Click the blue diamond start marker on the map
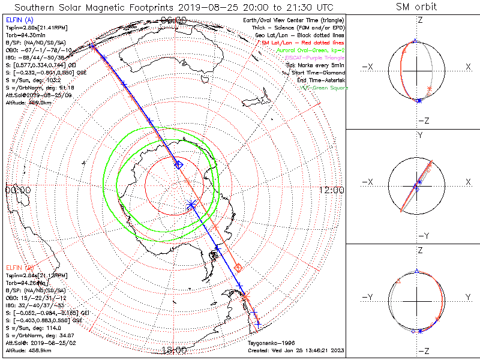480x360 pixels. (x=178, y=164)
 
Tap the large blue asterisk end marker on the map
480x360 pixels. (x=191, y=205)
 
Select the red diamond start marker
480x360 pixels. (x=238, y=267)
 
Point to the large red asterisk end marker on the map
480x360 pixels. (x=245, y=296)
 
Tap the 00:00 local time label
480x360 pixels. (x=17, y=190)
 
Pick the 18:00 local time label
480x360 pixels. (x=174, y=350)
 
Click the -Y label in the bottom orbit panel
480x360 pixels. (x=369, y=297)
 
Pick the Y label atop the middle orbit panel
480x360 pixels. (x=418, y=136)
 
